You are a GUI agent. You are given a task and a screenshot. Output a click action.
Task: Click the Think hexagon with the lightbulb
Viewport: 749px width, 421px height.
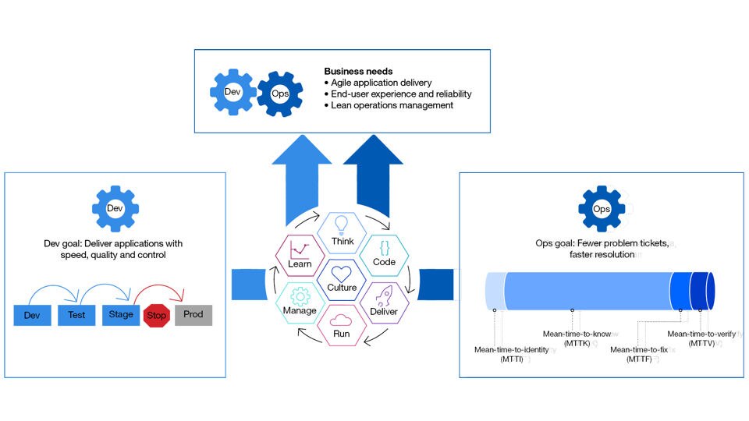coord(343,232)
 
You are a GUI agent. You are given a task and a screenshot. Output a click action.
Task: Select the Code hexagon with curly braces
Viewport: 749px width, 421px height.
coord(384,253)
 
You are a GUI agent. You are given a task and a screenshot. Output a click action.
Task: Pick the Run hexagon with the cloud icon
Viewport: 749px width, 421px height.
coord(343,324)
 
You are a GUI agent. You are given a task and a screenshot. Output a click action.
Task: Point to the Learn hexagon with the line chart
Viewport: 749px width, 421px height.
coord(300,253)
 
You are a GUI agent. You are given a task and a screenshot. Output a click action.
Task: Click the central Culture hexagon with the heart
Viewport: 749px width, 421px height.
coord(342,278)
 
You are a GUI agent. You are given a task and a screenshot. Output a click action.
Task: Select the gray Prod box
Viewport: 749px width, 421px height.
coord(193,316)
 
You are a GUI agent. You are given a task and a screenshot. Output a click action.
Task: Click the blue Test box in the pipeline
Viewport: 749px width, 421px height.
coord(76,316)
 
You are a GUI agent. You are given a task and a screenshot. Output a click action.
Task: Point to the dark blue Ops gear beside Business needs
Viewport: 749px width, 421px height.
coord(279,94)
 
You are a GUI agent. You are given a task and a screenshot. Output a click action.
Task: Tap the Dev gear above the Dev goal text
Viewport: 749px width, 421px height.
coord(115,208)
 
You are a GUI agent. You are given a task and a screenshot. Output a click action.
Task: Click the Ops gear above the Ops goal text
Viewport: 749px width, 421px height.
coord(602,208)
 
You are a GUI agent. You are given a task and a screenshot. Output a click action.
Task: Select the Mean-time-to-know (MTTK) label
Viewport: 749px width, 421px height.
coord(577,339)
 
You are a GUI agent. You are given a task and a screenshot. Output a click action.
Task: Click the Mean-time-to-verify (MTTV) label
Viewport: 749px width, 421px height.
coord(699,339)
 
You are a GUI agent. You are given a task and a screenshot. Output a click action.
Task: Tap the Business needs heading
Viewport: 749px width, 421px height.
coord(358,72)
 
